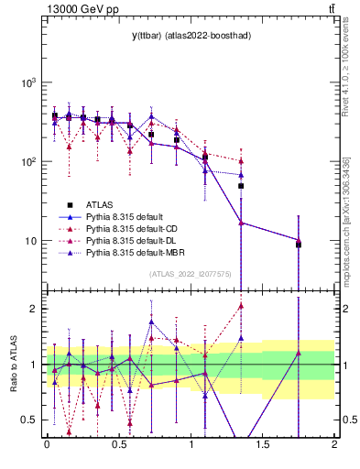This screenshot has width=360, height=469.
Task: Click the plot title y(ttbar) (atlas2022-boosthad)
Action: point(190,36)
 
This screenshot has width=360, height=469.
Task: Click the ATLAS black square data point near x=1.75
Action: point(299,245)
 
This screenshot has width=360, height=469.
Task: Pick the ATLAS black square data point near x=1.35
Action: point(241,186)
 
